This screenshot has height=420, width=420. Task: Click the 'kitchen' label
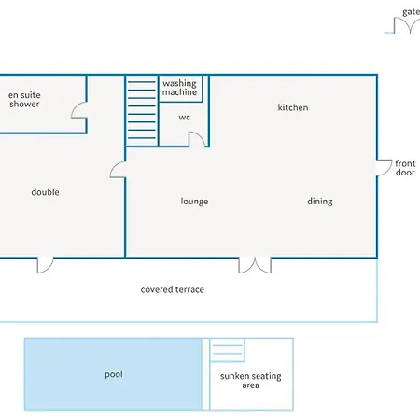pos(293,107)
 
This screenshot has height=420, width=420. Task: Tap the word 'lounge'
pos(194,202)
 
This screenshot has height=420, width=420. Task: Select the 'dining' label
pos(320,202)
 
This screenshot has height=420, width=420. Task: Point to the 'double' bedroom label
pos(46,192)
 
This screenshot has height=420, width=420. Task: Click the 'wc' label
pos(184,118)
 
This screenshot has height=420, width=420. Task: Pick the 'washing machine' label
pos(179,88)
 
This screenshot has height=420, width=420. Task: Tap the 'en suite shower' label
pos(24,100)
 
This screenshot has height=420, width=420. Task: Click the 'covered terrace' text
pos(173,289)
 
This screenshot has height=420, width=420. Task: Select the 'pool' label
pos(114,374)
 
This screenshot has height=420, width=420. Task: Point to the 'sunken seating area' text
pos(251,381)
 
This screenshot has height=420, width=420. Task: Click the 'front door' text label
pos(405,168)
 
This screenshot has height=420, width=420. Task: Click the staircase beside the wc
pos(142,110)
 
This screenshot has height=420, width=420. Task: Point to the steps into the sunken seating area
pos(227,350)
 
